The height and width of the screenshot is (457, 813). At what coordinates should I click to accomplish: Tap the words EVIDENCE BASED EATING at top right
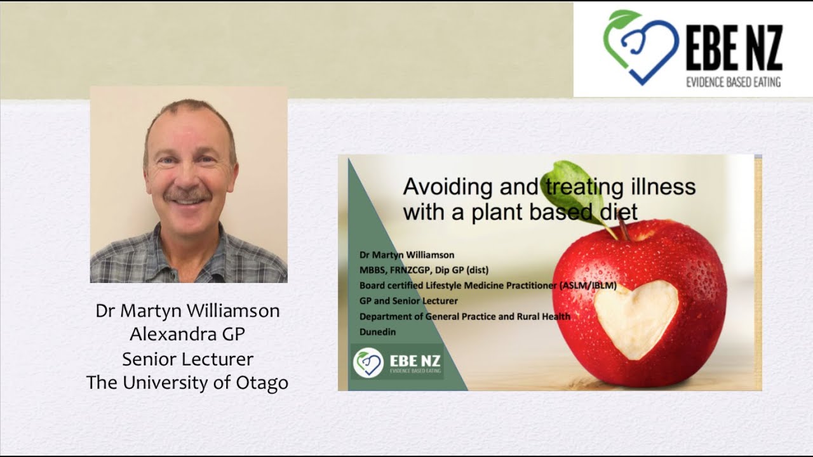[x=734, y=81]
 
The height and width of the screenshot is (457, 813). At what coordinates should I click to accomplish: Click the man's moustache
[x=187, y=194]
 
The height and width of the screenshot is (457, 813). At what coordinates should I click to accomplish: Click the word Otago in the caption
[x=262, y=383]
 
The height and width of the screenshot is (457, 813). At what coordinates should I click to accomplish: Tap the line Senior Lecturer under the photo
[x=187, y=359]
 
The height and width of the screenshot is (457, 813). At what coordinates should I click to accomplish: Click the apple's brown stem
[x=622, y=226]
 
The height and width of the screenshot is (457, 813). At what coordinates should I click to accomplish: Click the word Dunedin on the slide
[x=377, y=331]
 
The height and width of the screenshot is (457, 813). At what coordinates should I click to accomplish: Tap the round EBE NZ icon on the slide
[x=368, y=362]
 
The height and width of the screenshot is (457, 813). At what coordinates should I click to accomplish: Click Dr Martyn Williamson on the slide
[x=406, y=255]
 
